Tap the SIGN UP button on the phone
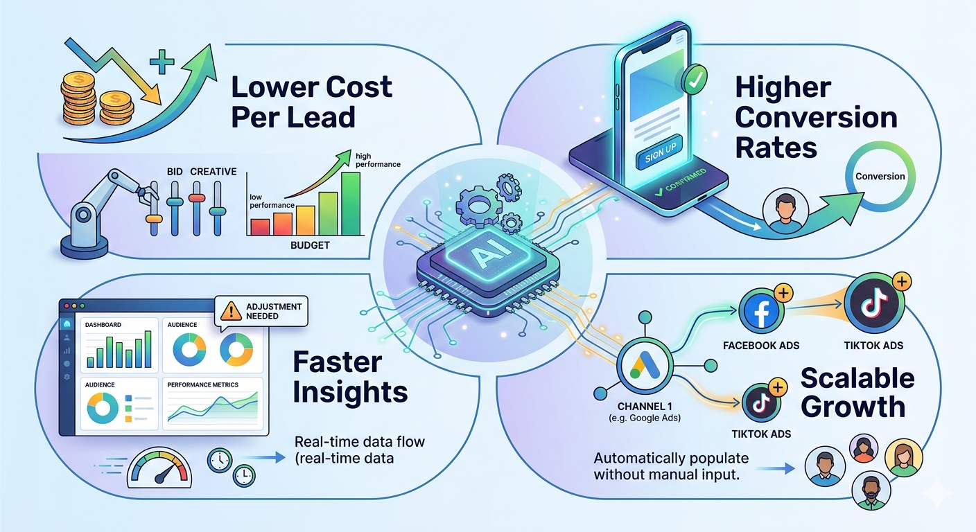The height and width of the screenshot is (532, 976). coord(660,153)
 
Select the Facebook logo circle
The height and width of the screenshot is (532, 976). coord(761,310)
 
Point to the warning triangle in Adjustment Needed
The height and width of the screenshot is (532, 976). coord(231,311)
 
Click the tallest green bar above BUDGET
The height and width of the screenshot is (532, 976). coord(351,204)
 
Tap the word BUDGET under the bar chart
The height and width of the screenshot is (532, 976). coord(310,245)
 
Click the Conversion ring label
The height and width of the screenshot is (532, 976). coord(880,177)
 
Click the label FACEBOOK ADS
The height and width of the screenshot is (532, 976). coord(761,346)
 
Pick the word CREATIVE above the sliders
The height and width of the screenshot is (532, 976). coord(214,172)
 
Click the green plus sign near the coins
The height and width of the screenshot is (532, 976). coord(162,62)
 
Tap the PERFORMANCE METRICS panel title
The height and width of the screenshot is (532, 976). coord(202,385)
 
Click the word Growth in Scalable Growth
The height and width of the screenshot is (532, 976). coord(853,407)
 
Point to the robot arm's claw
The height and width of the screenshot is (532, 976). coord(146,196)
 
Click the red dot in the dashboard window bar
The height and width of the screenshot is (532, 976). coord(67,306)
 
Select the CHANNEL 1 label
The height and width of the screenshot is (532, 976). coord(645,407)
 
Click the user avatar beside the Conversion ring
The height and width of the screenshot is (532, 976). coord(785,211)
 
